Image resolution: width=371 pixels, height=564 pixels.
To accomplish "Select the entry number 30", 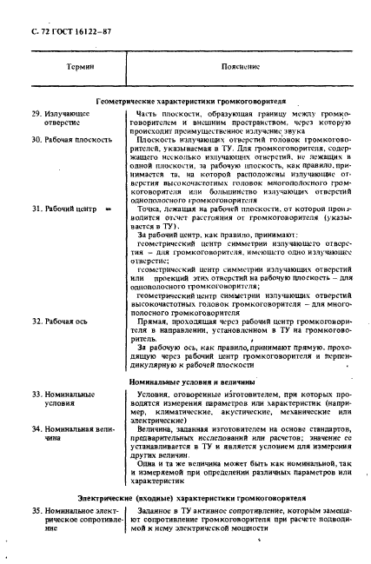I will pyautogui.click(x=36, y=139).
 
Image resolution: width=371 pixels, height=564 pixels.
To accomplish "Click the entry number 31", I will pyautogui.click(x=36, y=209).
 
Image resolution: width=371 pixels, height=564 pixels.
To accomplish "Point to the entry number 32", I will pyautogui.click(x=36, y=322).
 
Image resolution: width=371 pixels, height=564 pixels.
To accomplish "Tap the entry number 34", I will pyautogui.click(x=36, y=429).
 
